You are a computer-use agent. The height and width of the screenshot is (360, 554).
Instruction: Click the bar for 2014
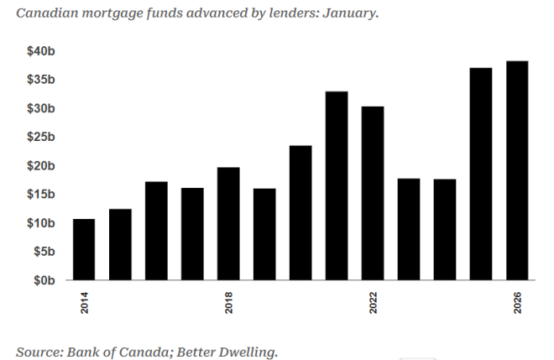point(84,249)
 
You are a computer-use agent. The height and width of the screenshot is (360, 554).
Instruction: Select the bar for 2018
point(228,223)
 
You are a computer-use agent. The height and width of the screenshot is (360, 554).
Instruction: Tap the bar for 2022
point(373,193)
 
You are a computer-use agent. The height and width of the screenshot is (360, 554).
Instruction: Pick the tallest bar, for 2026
point(517,170)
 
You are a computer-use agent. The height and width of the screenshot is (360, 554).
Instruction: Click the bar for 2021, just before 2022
point(337,185)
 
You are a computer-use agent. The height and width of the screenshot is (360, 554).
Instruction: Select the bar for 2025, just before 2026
point(481,174)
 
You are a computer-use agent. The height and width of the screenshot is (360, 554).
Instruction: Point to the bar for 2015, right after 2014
point(120,244)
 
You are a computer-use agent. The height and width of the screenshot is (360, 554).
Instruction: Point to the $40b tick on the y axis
point(40,51)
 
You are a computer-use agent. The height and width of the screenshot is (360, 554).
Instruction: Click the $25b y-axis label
point(40,137)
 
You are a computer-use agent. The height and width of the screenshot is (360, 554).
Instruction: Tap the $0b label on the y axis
point(43,279)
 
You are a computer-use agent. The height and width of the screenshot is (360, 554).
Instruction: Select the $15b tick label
point(40,194)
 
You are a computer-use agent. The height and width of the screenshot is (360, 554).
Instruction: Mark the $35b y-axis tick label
point(40,80)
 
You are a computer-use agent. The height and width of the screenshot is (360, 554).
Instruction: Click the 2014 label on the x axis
point(84,302)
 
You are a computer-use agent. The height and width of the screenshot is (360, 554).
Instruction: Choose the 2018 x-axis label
point(228,302)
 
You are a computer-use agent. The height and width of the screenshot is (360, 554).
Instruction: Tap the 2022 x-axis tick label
point(373,302)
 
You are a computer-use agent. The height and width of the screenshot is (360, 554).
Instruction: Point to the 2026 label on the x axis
point(517,302)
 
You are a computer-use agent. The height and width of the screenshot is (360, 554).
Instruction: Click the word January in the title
point(347,14)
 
